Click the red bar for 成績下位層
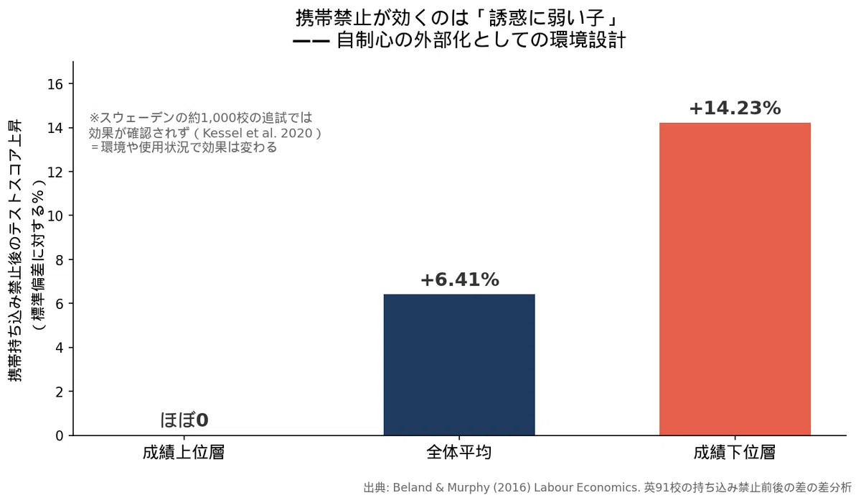[735, 279]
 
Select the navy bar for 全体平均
[459, 365]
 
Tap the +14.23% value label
[735, 108]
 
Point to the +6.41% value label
[460, 280]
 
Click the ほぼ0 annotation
[184, 420]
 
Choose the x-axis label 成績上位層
[184, 453]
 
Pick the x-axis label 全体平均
[459, 453]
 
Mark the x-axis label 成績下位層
[735, 453]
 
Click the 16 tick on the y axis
[55, 84]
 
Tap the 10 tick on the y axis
[55, 216]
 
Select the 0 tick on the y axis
[59, 436]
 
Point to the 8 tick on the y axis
[59, 260]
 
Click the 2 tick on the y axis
[59, 392]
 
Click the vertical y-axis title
[27, 251]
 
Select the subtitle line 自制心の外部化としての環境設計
[481, 40]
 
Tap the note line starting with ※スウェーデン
[201, 118]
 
